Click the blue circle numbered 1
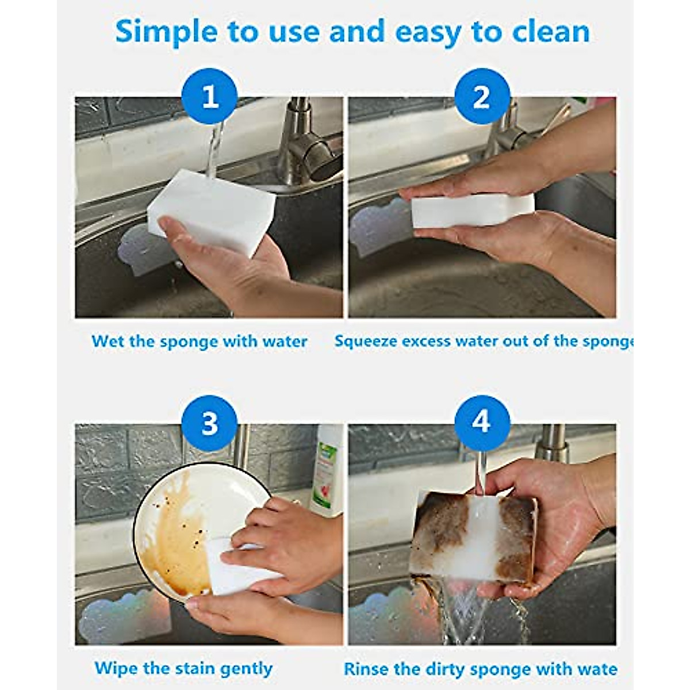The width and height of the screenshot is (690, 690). [210, 96]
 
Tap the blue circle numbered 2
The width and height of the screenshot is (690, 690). [482, 96]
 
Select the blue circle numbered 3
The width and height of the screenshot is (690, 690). [210, 423]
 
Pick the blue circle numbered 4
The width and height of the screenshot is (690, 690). [482, 423]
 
